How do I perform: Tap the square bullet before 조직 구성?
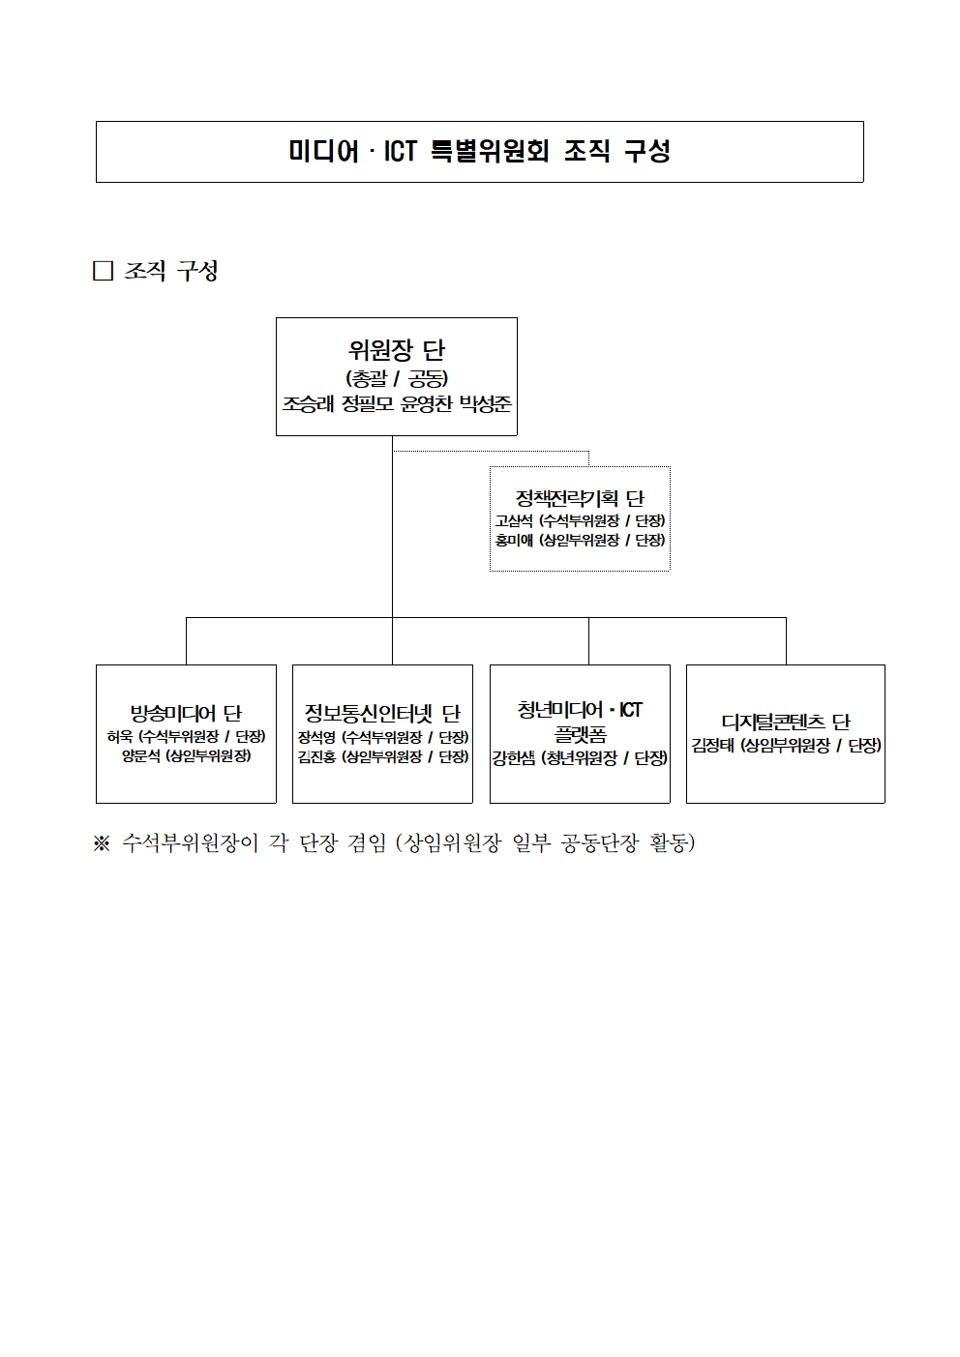tap(104, 271)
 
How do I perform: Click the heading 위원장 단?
tap(397, 350)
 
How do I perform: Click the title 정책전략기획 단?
tap(580, 499)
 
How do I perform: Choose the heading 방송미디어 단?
tap(186, 715)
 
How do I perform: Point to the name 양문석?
tap(141, 755)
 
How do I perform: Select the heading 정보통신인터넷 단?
tap(382, 715)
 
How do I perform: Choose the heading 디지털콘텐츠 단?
tap(786, 723)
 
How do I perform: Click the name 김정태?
tap(713, 745)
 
